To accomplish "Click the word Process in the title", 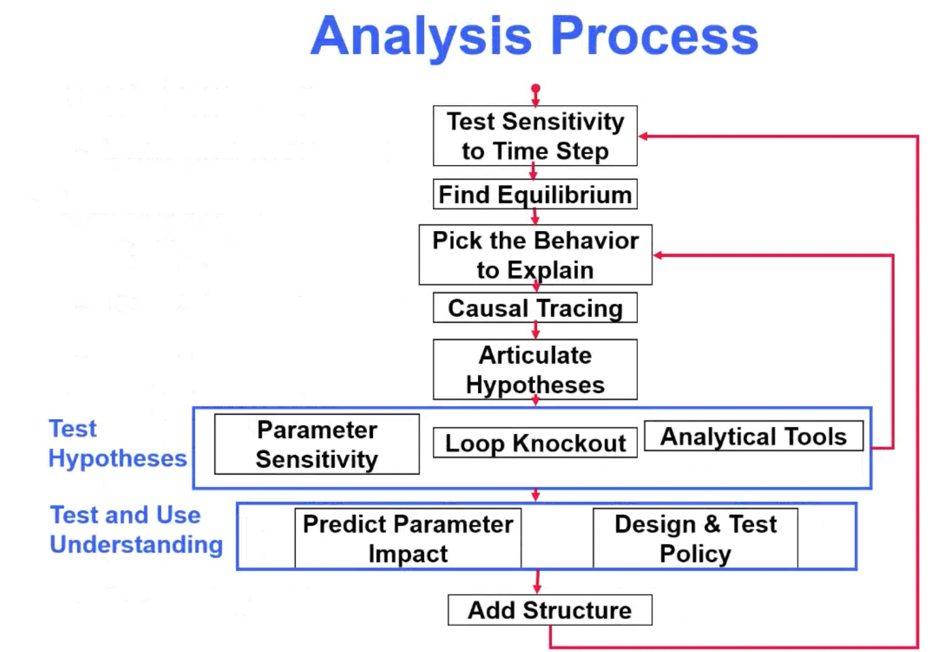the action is coord(654,35).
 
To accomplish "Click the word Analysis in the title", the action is coord(422,38).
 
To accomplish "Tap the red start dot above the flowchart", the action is coord(536,88).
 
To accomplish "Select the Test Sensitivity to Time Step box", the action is coord(535,136).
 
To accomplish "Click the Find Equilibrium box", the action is coord(535,195).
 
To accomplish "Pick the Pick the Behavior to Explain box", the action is coord(536,255).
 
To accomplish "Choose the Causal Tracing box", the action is coord(535,308).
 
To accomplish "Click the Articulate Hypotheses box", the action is coord(535,369).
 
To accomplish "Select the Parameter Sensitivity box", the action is coord(317,444).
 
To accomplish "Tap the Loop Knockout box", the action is coord(535,443).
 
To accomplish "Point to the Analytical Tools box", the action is coord(753,436).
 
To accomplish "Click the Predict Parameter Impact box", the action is coord(408,538).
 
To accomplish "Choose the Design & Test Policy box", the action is coord(695,538).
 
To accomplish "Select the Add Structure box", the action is coord(550,610).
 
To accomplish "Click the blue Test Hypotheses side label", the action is coord(118,443).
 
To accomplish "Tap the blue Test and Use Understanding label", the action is coord(137,530).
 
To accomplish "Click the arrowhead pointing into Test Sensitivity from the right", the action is coord(644,136).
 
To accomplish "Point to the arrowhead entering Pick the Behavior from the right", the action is coord(658,255).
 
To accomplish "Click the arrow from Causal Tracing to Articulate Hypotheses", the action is coord(536,330).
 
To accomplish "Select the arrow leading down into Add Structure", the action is coord(537,582).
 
